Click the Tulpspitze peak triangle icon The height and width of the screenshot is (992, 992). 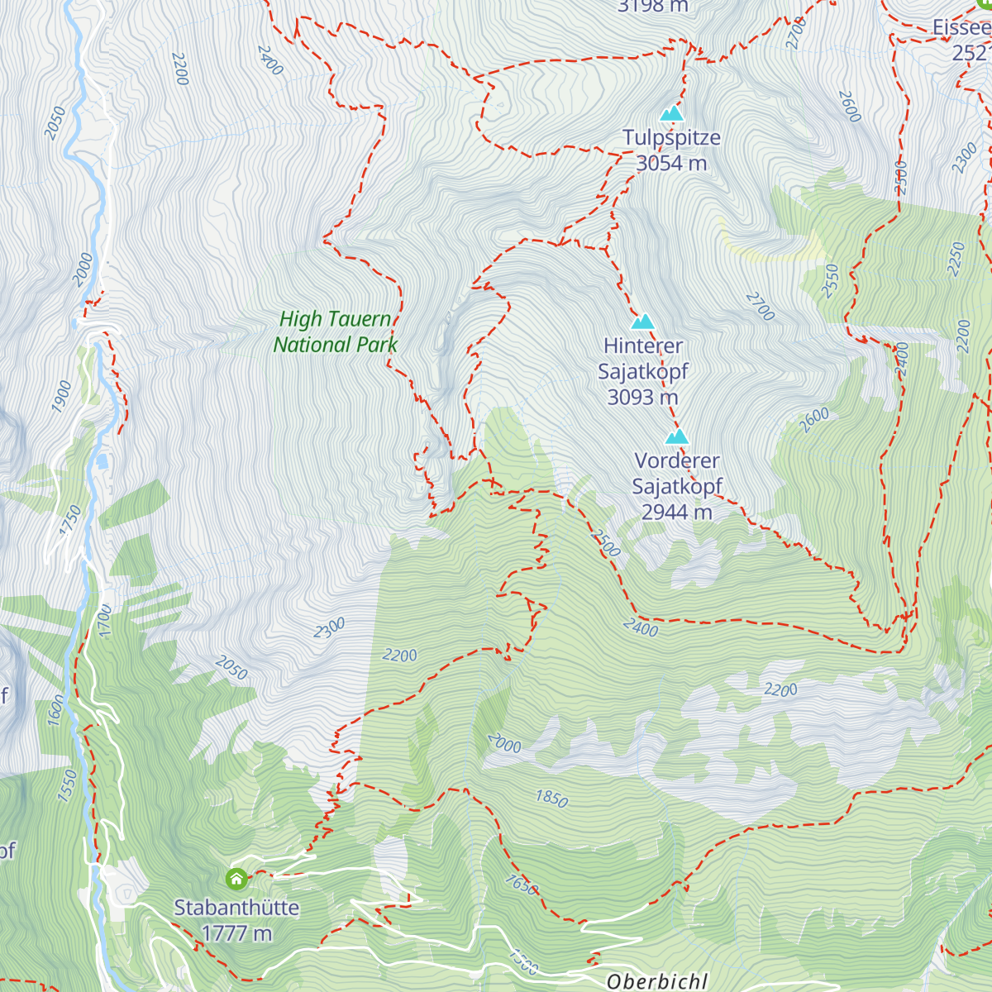coord(672,113)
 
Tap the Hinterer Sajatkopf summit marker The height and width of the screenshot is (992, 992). coord(642,322)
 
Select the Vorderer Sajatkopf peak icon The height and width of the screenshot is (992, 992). coord(677,436)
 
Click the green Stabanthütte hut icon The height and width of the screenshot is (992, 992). coord(236,878)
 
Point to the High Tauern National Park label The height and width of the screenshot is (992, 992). coord(336,331)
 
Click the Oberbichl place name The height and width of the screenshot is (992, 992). coord(656,981)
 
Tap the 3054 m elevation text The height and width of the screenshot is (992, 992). coord(671,164)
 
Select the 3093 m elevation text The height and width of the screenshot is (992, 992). coord(642,398)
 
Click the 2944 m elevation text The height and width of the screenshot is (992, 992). coord(676,513)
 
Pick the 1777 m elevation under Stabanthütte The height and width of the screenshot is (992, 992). coord(236,933)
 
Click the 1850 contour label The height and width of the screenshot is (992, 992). coord(551,799)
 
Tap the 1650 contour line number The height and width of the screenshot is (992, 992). coord(522,885)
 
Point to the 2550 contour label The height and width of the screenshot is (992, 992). coord(830,281)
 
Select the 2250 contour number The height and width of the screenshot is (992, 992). coord(957,260)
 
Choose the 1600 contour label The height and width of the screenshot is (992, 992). coord(55,710)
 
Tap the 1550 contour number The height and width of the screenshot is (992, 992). coord(67,785)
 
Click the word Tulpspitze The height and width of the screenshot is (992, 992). coord(671,138)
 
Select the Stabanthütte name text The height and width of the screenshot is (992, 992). coord(236,908)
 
